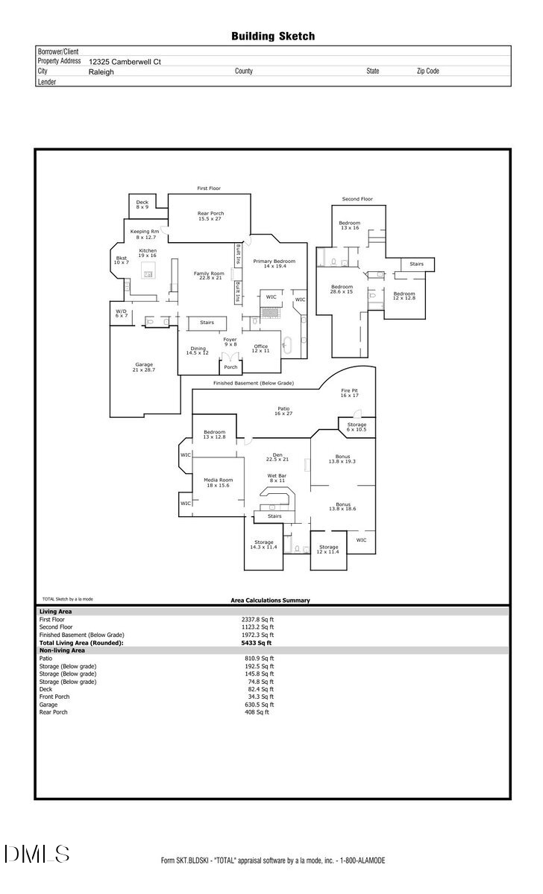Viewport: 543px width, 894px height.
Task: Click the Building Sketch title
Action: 272,36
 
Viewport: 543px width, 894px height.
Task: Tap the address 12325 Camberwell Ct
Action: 125,63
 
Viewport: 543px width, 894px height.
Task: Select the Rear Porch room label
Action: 210,216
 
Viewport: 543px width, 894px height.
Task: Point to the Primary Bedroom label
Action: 274,264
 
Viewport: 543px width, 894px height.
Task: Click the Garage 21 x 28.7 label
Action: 144,367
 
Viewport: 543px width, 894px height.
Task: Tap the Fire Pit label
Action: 350,393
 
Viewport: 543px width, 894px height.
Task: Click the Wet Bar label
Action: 277,478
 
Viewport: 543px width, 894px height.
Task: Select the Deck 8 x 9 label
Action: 142,204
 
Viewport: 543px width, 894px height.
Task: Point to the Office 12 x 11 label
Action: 260,348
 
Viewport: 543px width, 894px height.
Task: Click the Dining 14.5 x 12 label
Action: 198,350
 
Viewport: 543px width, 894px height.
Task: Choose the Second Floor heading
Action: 357,199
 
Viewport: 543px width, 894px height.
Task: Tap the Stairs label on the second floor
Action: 416,264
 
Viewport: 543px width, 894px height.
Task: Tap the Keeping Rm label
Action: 145,234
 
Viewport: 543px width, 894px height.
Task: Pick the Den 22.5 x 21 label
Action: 277,457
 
